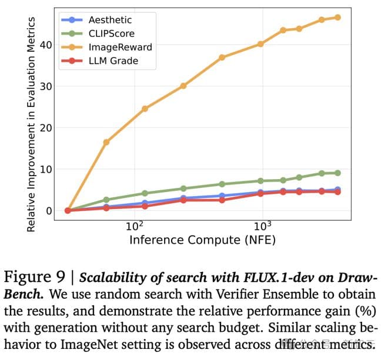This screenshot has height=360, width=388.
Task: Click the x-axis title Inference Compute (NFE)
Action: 202,240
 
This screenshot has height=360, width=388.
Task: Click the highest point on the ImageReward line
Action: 337,17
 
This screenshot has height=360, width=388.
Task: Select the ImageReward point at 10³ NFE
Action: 260,44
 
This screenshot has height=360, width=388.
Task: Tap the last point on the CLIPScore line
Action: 337,173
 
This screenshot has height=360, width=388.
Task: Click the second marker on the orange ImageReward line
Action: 106,142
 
